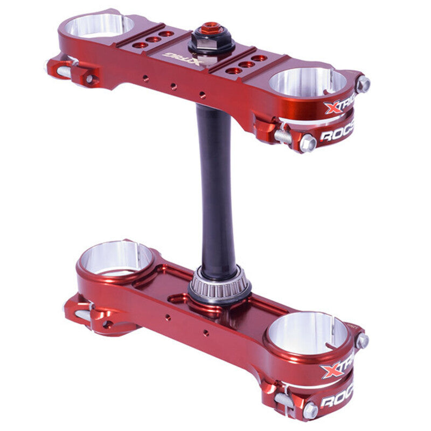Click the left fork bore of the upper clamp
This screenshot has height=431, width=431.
click(x=100, y=25)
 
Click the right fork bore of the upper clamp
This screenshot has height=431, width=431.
click(x=307, y=82)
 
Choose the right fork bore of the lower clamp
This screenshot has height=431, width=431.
click(x=307, y=333)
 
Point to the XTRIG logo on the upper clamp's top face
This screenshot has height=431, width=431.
click(x=183, y=58)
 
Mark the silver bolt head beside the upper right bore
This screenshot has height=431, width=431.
click(x=364, y=84)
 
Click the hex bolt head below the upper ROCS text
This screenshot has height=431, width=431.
click(x=307, y=143)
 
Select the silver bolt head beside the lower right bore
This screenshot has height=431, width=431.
click(x=362, y=340)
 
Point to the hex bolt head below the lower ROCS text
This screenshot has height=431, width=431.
click(x=309, y=411)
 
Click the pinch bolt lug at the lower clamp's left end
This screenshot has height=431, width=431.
click(x=81, y=312)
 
